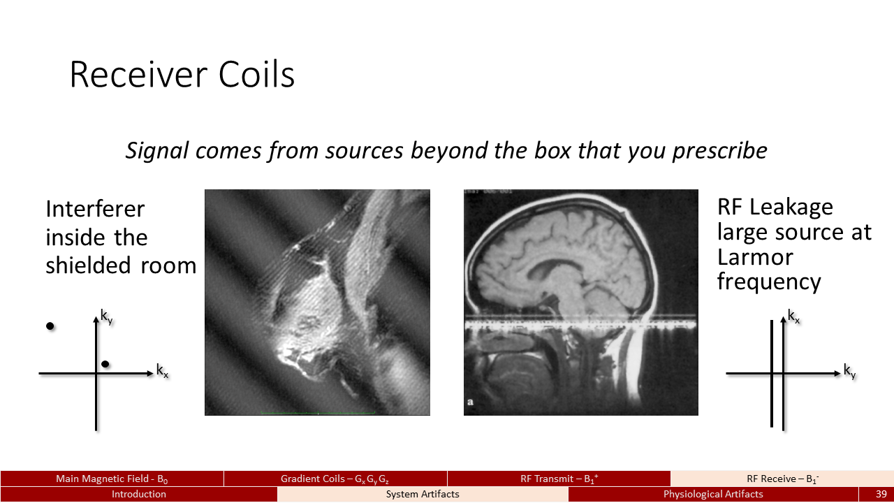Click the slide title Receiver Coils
click(x=182, y=74)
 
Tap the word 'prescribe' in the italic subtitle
click(x=719, y=152)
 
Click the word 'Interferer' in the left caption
click(x=95, y=209)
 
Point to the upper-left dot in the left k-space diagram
click(x=50, y=326)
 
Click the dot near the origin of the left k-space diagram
click(x=105, y=364)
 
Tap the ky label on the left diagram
click(x=107, y=316)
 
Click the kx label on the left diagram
click(x=162, y=370)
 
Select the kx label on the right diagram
click(x=793, y=316)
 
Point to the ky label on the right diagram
click(x=849, y=371)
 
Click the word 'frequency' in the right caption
click(x=769, y=282)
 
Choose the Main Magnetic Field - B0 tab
click(x=112, y=479)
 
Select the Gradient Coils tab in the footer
click(x=335, y=479)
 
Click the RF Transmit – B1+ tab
click(x=559, y=479)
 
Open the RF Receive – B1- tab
click(x=782, y=479)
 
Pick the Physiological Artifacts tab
click(x=713, y=494)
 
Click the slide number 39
click(x=881, y=494)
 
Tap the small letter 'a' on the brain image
click(x=470, y=402)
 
